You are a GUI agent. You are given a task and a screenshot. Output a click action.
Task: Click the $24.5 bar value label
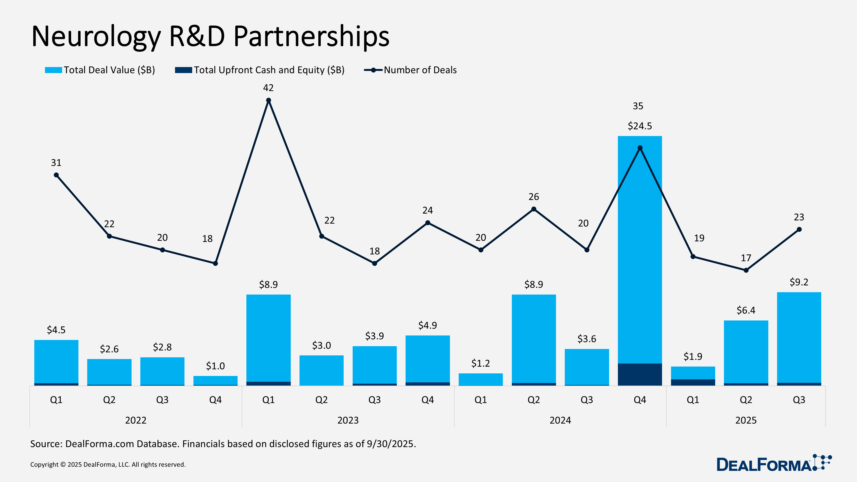click(639, 126)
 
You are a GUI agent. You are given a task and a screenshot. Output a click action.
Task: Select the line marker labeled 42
click(268, 100)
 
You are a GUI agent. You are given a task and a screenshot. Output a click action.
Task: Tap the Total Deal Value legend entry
click(100, 70)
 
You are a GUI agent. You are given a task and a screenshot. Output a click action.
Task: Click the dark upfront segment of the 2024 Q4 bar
click(639, 374)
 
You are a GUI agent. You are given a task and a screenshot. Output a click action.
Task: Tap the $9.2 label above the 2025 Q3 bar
click(799, 282)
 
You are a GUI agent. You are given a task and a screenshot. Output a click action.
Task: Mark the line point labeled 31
click(56, 175)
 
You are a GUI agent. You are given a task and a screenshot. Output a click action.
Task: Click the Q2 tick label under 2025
click(746, 400)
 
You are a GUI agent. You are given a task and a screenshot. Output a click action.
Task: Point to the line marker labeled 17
click(746, 270)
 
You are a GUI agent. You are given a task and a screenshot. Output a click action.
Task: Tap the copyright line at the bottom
click(108, 464)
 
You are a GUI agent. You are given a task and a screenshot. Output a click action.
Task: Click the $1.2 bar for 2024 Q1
click(480, 379)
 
